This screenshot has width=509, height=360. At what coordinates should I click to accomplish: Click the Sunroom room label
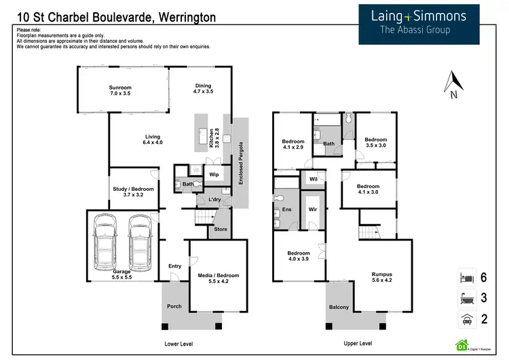click(x=120, y=90)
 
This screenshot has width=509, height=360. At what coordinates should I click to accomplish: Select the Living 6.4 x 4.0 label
click(x=153, y=140)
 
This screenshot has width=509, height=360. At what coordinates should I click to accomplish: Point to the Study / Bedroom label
click(x=133, y=192)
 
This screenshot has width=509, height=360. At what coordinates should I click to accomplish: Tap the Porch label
click(x=174, y=306)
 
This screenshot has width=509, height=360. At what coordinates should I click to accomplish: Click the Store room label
click(x=221, y=229)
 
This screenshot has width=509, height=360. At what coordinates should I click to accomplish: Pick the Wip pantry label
click(x=214, y=175)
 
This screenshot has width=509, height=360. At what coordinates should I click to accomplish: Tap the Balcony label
click(x=339, y=307)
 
